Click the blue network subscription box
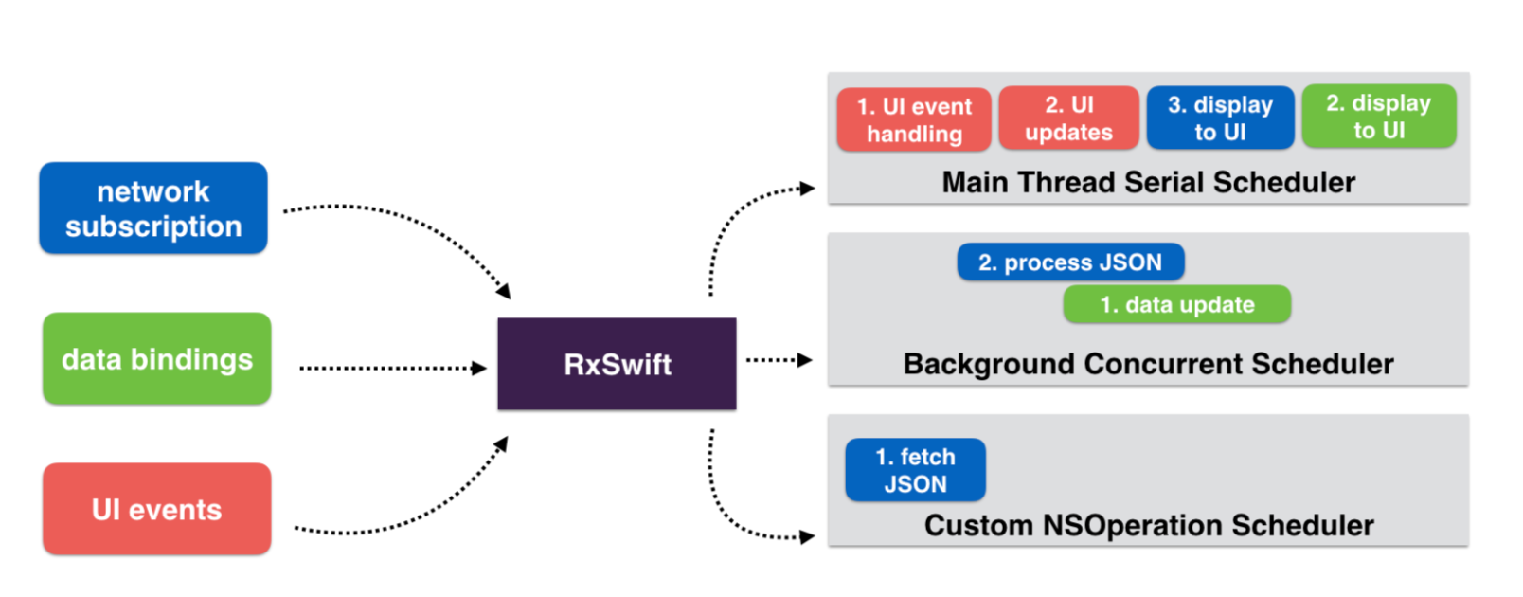point(153,208)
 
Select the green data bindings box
point(157,359)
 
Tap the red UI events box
point(157,509)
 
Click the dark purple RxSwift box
point(617,364)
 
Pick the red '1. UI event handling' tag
point(914,119)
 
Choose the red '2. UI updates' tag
point(1068,118)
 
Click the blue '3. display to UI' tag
point(1221,118)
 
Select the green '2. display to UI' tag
point(1379,117)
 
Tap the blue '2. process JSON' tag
point(1071,262)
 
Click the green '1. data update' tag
point(1177,304)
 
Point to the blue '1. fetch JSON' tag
point(915,470)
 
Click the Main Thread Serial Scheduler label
point(1148,182)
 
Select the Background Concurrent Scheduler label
point(1148,364)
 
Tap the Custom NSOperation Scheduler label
point(1148,525)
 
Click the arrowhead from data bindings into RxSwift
point(480,368)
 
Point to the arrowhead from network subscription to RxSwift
point(504,291)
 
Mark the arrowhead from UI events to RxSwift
point(501,444)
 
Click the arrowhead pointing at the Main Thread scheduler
point(807,189)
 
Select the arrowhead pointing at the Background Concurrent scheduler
point(805,360)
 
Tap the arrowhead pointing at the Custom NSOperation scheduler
point(807,537)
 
